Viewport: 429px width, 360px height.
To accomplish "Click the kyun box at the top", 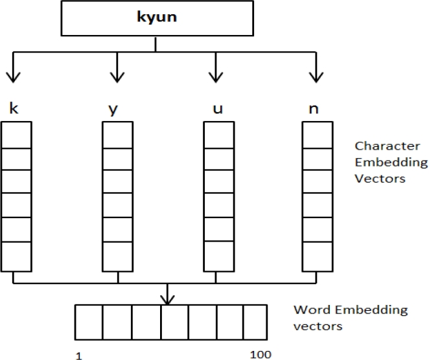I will (155, 19).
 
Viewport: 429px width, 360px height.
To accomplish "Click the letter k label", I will (14, 108).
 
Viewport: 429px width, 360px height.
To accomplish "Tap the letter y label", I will (113, 109).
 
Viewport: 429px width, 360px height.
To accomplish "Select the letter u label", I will (218, 109).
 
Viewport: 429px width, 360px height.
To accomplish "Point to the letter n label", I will (314, 109).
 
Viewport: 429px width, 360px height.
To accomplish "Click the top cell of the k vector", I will (16, 135).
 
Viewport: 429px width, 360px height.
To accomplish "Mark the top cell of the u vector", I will (219, 135).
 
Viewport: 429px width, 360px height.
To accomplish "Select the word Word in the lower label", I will (309, 310).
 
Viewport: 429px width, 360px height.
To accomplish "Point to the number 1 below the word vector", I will (79, 354).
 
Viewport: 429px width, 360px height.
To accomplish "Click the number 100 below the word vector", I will (260, 354).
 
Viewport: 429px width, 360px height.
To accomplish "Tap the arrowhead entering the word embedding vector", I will (168, 300).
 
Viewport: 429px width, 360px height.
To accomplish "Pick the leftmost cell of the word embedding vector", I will (89, 321).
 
